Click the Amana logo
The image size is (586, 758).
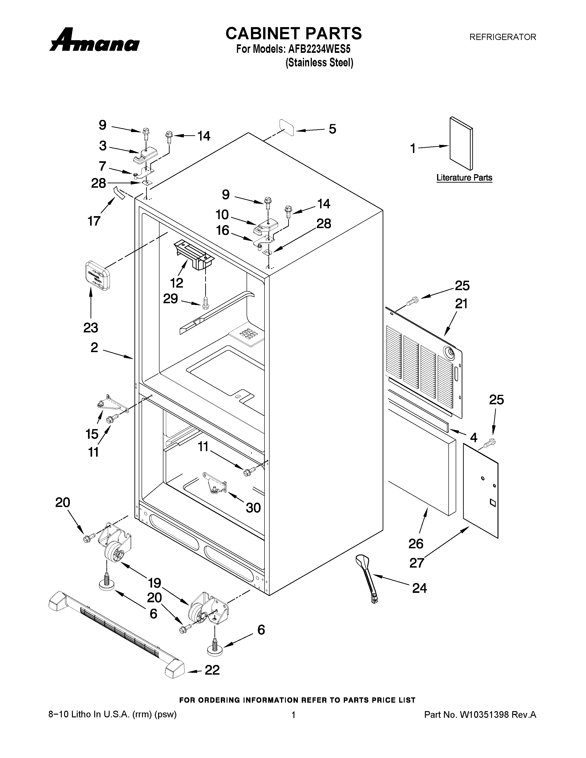[x=94, y=41]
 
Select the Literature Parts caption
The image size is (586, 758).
[x=464, y=178]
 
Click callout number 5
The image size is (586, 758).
[x=332, y=129]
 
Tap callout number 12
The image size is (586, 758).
[x=177, y=283]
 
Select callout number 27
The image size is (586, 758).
[x=417, y=563]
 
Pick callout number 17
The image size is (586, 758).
[x=94, y=221]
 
